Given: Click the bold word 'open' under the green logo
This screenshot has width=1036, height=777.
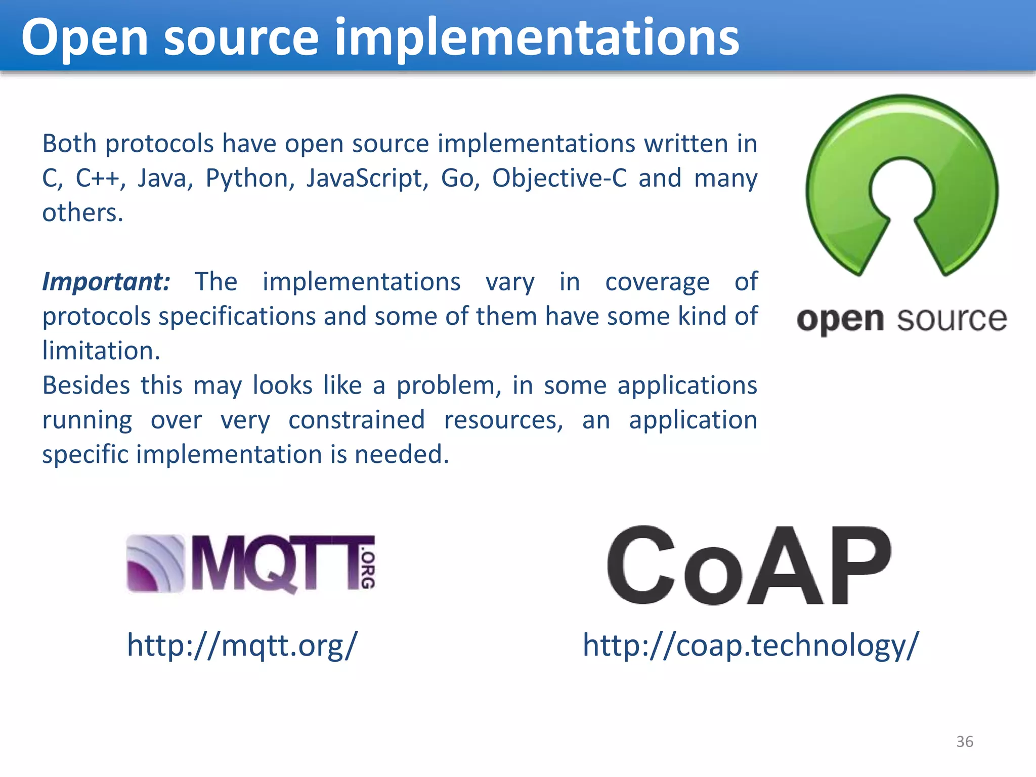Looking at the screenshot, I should pos(840,320).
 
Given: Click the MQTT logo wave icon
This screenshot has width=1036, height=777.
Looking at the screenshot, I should pos(155,564).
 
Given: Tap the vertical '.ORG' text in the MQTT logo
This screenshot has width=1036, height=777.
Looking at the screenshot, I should pos(368,570).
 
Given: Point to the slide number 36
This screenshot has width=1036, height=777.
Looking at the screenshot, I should pos(964,742).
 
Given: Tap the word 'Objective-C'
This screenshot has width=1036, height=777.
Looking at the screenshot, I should pos(559,178).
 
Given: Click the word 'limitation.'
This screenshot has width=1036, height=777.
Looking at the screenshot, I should pos(101,351).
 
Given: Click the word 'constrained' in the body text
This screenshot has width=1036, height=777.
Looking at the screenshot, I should pos(357,420).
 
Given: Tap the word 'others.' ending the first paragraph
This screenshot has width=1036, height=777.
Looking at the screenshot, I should pos(83,212).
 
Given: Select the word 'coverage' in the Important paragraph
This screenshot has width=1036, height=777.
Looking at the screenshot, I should pos(657,282).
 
